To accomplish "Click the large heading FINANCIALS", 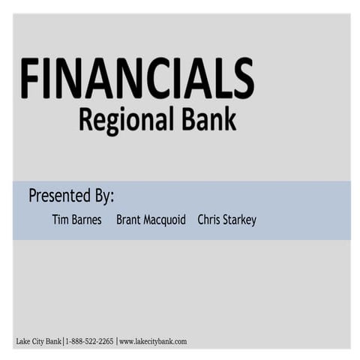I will point(137,78).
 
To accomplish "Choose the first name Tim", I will point(60,220).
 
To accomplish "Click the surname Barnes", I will point(87,220).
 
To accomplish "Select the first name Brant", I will point(130,220).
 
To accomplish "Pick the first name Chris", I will point(210,220).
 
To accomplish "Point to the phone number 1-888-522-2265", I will point(90,342).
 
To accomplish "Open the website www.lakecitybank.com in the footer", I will point(153,342).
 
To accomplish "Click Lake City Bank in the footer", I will point(39,342).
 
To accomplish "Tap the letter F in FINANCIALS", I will point(29,78).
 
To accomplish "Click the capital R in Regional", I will point(86,119).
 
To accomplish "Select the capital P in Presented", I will point(34,196).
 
